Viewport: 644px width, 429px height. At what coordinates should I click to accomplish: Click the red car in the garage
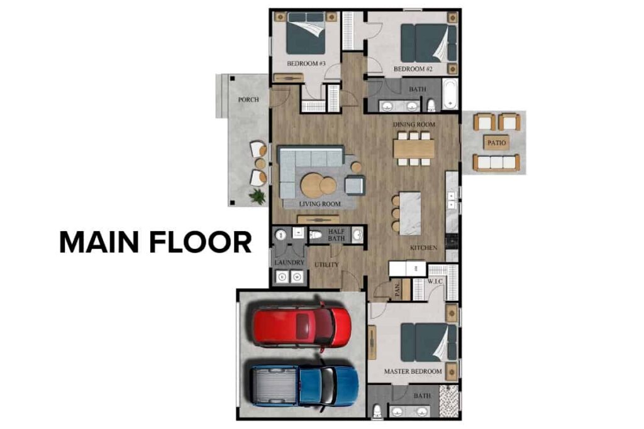point(302,326)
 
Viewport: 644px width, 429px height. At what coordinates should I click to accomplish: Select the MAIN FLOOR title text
point(155,242)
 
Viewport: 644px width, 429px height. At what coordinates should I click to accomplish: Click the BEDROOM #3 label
point(306,64)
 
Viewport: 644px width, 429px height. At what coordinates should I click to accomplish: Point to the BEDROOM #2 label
point(412,68)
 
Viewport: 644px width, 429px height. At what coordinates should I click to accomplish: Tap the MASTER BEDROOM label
point(413,372)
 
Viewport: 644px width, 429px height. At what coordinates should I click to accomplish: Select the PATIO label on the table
point(496,143)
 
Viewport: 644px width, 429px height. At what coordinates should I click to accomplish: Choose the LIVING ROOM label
point(320,204)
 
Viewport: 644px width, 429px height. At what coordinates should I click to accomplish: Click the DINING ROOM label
point(414,124)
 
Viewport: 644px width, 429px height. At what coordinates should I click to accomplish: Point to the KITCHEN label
point(423,248)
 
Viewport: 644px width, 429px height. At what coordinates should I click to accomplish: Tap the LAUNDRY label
point(289,263)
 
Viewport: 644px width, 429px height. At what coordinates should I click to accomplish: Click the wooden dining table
point(414,148)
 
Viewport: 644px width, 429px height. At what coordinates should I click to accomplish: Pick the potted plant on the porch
point(257,197)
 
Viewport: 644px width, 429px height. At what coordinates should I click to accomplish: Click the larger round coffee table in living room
point(312,185)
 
